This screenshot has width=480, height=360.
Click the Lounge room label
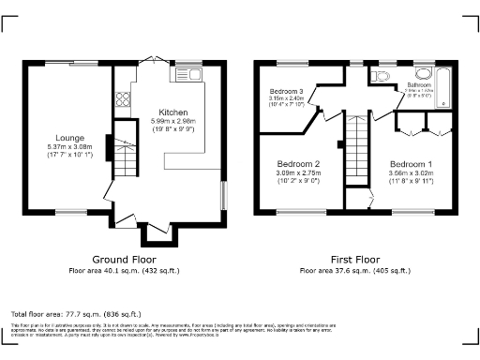click(69, 137)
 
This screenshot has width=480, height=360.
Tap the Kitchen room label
click(172, 112)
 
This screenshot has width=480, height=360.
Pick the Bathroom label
click(419, 84)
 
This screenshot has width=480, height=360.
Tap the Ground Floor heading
click(124, 259)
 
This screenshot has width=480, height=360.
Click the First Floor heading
click(354, 259)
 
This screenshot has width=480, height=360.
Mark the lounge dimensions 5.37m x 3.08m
click(69, 146)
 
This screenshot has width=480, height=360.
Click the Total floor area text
click(76, 313)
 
